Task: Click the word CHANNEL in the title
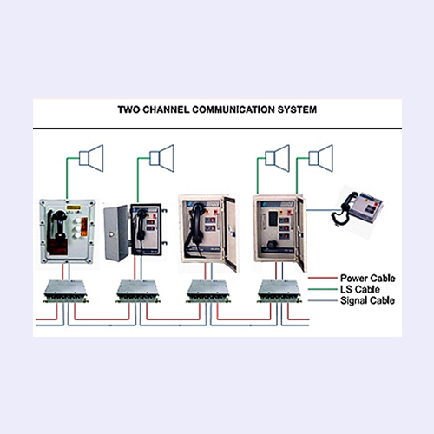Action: coord(166,109)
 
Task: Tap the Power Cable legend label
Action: coord(368,279)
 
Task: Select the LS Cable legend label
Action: coord(360,289)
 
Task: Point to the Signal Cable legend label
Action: coord(367,300)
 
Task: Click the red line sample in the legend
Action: coord(323,278)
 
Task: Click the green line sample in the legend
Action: coord(323,289)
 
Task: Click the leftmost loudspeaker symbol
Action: coord(91,158)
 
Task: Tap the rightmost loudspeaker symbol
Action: coord(321,158)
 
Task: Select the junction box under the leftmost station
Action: coord(65,291)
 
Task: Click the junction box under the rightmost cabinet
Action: coord(279,291)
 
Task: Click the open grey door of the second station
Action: coord(116,233)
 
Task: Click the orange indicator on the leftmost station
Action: coord(84,227)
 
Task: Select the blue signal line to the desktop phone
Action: coord(322,210)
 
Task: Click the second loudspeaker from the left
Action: coord(162,158)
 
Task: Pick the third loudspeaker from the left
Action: coord(278,158)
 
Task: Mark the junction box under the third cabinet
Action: coord(208,291)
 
